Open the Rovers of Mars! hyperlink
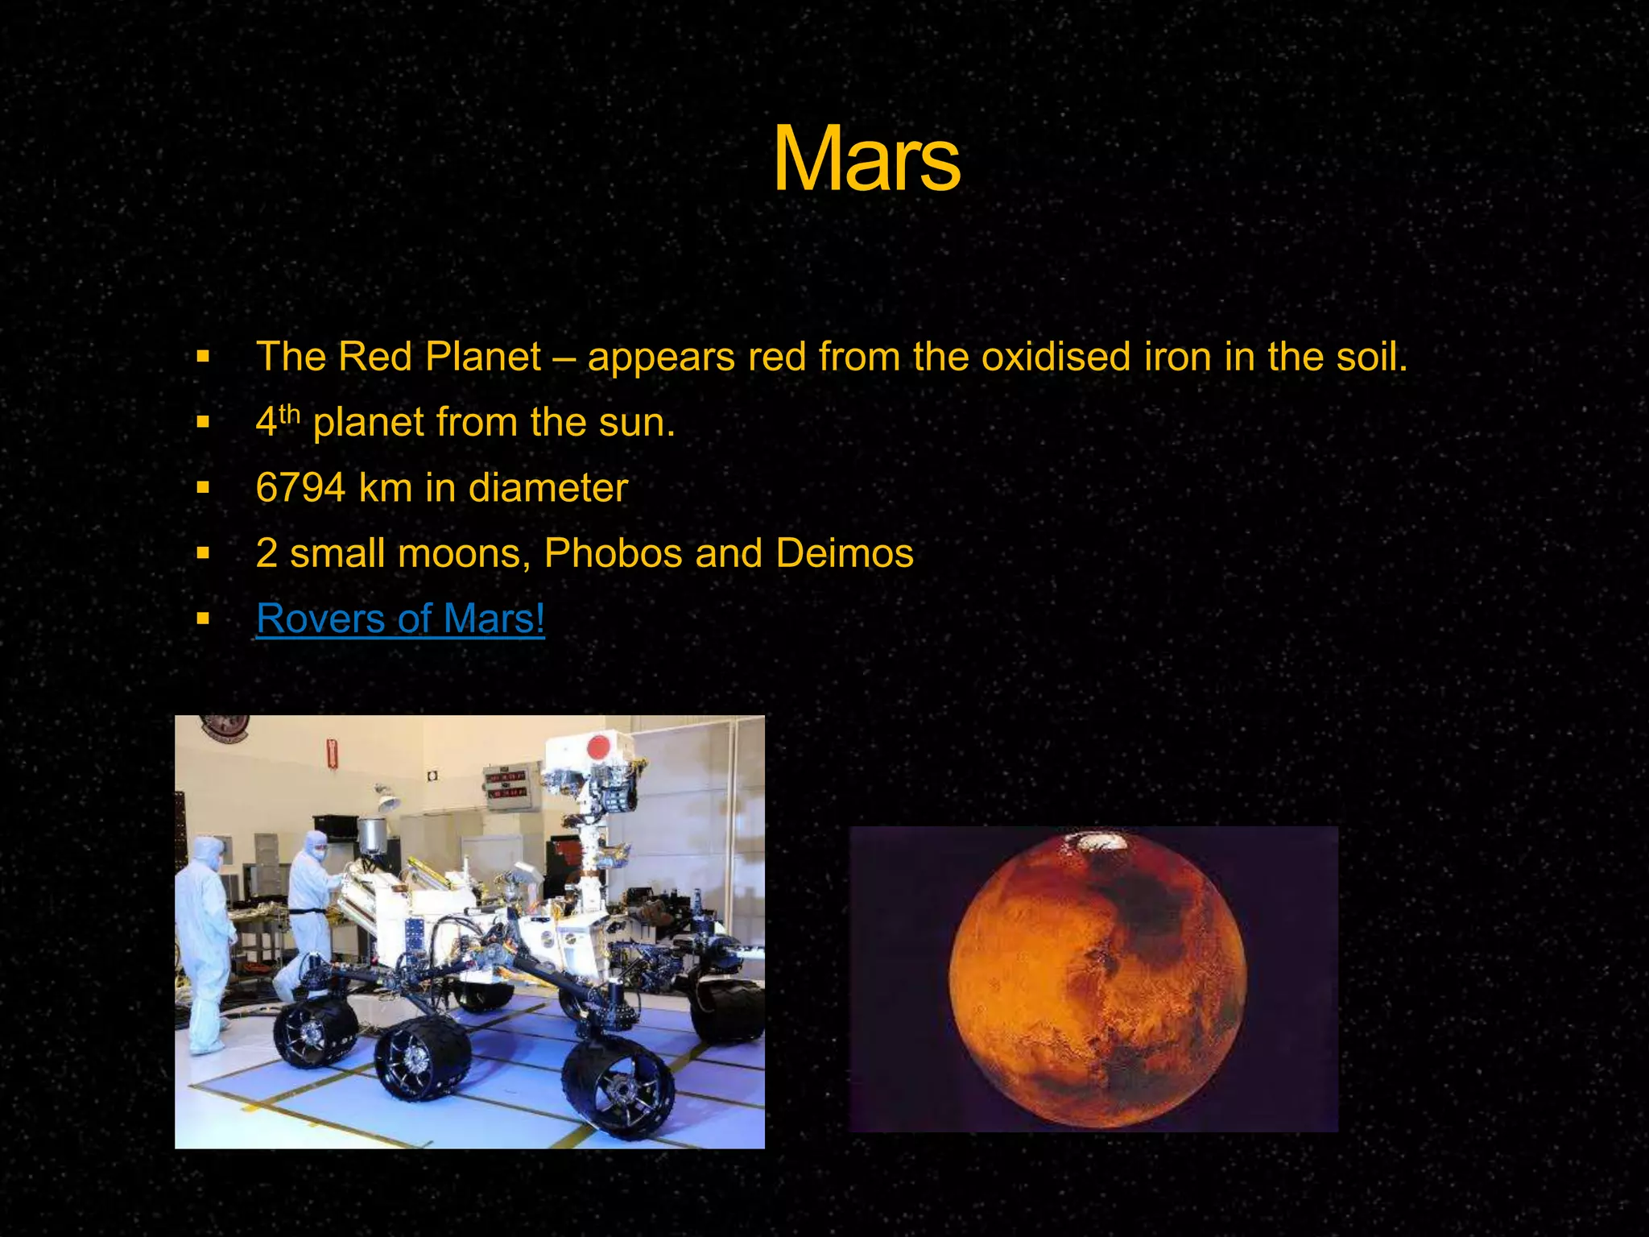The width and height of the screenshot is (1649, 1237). tap(400, 619)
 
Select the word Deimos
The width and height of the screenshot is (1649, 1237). tap(845, 554)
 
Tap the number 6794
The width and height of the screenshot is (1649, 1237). tap(300, 488)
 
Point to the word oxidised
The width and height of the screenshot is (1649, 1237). tap(1056, 357)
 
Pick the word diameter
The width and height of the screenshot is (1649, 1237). tap(548, 488)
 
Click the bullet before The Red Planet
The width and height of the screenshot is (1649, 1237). tap(203, 357)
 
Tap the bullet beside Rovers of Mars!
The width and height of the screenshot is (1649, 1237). tap(203, 619)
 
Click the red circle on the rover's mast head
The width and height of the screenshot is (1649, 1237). tap(597, 747)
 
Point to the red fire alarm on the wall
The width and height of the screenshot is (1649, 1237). tap(331, 752)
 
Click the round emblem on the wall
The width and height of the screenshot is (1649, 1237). tap(225, 728)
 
